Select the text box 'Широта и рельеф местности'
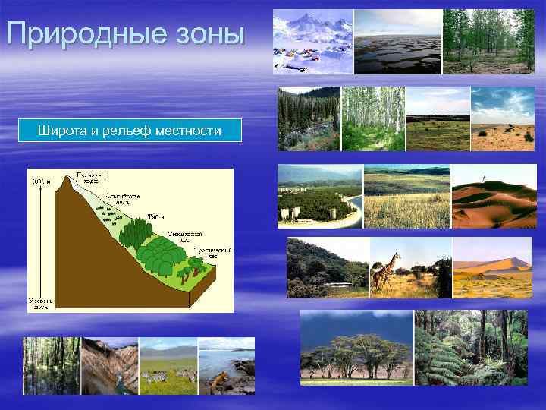pos(130,131)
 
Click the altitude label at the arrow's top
pos(37,181)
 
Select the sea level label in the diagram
pos(39,304)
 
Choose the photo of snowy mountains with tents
pos(312,42)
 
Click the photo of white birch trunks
pos(372,118)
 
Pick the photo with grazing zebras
pos(168,366)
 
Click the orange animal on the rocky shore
pos(219,379)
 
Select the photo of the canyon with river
pos(110,366)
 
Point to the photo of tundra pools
pos(397,42)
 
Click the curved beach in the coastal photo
pos(351,209)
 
